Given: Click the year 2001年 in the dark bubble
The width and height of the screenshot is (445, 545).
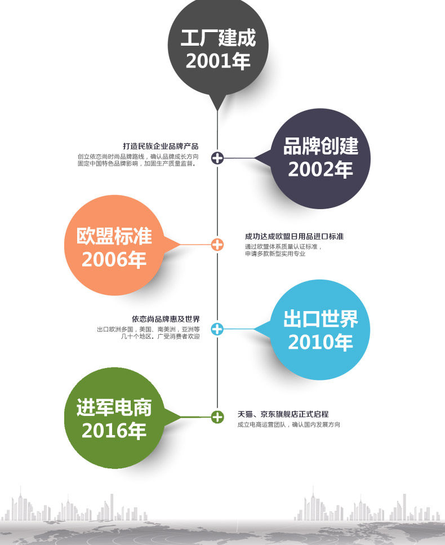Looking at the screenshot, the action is pos(218,60).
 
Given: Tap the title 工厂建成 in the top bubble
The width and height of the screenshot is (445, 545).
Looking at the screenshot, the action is pos(218,38).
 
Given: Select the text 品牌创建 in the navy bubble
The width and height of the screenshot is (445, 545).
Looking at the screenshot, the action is pos(321,146).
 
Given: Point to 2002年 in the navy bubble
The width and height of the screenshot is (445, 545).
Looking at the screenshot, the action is pos(321,169).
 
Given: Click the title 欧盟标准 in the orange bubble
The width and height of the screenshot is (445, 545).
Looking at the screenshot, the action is pos(114,236).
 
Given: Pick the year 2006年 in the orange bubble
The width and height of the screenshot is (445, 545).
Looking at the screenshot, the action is pos(114,260).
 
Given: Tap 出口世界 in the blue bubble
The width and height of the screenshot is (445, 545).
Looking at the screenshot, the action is pos(321,319).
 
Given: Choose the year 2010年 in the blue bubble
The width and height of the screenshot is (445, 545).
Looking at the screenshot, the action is pos(321,342).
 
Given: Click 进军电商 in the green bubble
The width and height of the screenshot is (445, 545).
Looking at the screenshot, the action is pos(114,407).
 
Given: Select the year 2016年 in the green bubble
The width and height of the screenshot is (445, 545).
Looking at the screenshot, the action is pos(114,431).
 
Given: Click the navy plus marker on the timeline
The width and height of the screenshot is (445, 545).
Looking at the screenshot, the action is pos(217,158).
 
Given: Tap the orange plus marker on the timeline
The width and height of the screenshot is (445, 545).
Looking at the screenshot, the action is pos(217,245).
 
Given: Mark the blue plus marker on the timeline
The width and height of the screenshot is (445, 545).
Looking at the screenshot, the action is pos(217,329).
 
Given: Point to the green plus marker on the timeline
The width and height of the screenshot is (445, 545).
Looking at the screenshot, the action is pos(217,417).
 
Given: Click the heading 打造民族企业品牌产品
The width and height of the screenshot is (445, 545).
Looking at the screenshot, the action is pos(161,146).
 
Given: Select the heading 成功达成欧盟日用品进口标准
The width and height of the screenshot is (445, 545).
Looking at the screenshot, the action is pos(294,237).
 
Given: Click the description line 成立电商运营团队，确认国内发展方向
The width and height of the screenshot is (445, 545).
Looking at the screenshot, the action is pos(288,425).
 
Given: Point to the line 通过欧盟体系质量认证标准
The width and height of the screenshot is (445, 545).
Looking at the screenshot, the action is pos(283,247).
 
